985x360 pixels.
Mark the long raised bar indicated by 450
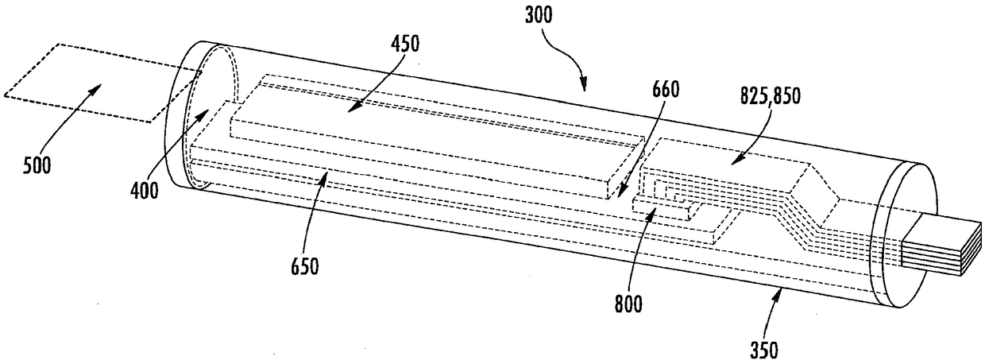429,151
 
